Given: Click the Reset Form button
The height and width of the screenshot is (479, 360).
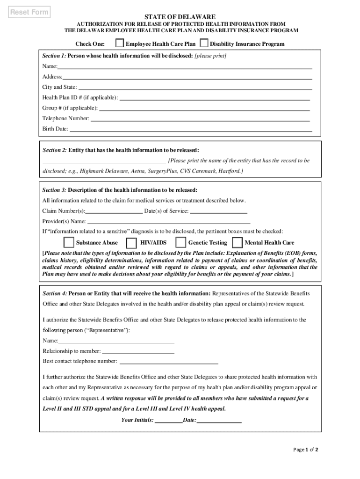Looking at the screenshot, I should (x=30, y=12).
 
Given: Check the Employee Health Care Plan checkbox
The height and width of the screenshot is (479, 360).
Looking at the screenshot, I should (x=120, y=44).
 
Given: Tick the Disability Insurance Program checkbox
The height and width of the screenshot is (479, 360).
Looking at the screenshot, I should (x=204, y=44).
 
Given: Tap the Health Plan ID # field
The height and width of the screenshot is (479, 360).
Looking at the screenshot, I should (x=215, y=97).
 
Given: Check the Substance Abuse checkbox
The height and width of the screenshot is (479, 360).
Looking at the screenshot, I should (x=69, y=242).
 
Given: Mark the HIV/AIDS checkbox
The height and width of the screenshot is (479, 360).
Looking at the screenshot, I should (x=132, y=242).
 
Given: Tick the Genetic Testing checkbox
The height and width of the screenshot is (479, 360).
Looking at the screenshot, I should (x=180, y=242).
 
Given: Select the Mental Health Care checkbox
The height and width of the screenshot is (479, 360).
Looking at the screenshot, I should (x=237, y=242).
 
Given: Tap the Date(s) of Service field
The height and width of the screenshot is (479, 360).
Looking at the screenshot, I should (x=219, y=210).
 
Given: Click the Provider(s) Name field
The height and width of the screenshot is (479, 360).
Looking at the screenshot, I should (x=169, y=221).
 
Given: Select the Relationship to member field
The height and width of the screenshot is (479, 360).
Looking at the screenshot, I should (x=138, y=350).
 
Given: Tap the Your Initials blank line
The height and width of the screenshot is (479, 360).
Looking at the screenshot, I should (x=168, y=420).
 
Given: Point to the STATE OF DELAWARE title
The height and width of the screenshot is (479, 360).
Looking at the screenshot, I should (x=180, y=16).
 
